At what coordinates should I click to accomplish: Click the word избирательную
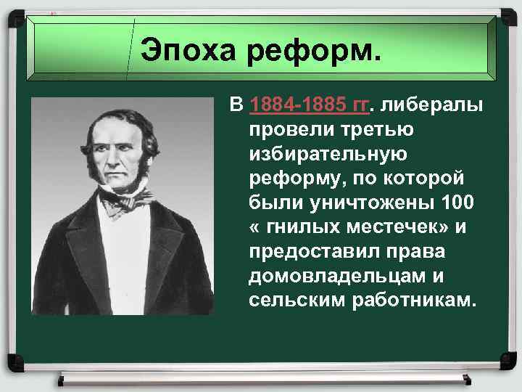(329, 155)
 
